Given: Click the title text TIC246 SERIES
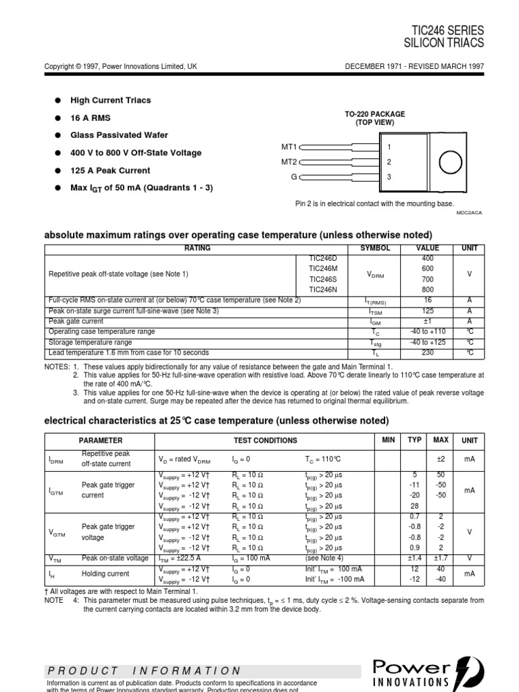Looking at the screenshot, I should [x=447, y=30].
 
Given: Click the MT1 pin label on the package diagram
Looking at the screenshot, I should [x=289, y=146].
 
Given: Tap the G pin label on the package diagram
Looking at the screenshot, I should [x=294, y=177].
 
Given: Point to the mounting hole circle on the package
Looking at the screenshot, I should [x=451, y=162].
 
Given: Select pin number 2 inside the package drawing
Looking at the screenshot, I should [x=389, y=162].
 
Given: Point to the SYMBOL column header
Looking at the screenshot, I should [x=376, y=249].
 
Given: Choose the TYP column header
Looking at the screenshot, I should [x=414, y=440].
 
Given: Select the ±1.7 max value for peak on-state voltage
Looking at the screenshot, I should [x=440, y=558].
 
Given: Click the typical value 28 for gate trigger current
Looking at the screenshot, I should [x=414, y=506].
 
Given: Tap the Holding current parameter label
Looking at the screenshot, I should [x=105, y=574].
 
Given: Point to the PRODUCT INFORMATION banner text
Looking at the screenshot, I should [x=144, y=671].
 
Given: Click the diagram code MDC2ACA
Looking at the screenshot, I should [x=470, y=212].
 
